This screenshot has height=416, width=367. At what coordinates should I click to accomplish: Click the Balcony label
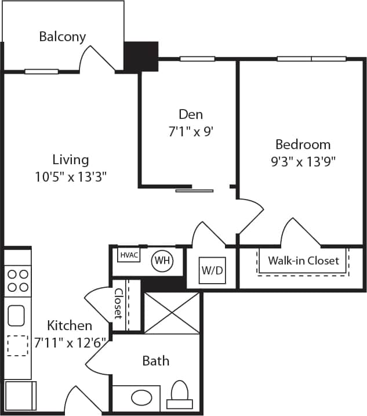(x=62, y=37)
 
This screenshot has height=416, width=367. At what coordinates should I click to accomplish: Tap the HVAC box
(x=128, y=255)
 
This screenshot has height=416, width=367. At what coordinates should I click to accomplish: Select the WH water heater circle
(x=162, y=261)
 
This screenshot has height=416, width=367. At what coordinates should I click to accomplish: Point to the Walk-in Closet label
(x=303, y=261)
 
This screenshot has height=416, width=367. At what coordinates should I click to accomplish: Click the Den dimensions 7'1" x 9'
(x=191, y=132)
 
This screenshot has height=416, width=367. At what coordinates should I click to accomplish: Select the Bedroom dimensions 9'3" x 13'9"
(x=303, y=162)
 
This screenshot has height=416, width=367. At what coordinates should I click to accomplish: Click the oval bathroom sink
(x=141, y=397)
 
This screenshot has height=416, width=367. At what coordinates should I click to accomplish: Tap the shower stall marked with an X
(x=171, y=313)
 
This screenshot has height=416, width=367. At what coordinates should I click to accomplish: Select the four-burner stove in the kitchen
(x=17, y=280)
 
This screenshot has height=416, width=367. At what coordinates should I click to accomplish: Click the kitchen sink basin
(x=16, y=316)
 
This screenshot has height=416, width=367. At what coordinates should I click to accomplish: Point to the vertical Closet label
(x=118, y=304)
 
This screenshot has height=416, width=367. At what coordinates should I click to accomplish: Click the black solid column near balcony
(x=141, y=56)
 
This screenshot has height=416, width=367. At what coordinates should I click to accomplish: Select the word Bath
(x=156, y=361)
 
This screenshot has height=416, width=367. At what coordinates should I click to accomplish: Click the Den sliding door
(x=194, y=190)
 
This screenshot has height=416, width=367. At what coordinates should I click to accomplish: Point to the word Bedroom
(x=303, y=144)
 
